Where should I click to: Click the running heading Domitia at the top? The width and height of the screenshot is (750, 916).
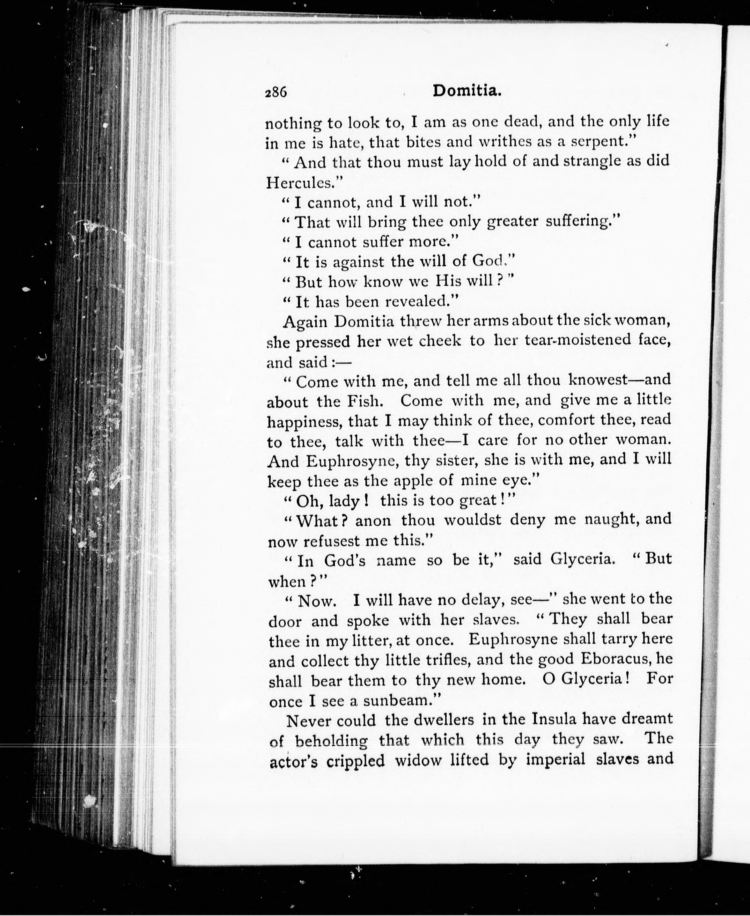click(x=467, y=91)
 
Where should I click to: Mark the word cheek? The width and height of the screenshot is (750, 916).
click(x=440, y=341)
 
